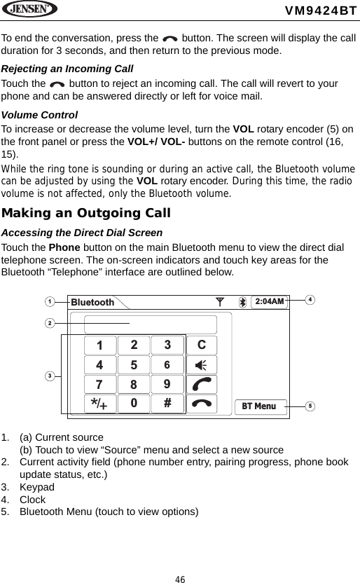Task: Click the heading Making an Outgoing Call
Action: tap(86, 213)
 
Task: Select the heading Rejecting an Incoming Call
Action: tap(67, 69)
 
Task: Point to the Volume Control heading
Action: tap(39, 115)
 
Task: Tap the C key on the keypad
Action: tap(202, 345)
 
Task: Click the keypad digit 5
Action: tap(133, 365)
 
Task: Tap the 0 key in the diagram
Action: tap(133, 404)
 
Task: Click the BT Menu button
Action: tap(259, 406)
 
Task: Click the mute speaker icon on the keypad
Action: tap(202, 365)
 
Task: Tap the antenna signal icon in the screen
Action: tap(219, 303)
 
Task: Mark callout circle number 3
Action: tap(50, 376)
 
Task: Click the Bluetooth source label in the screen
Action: tap(92, 303)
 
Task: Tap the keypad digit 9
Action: tap(167, 384)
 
